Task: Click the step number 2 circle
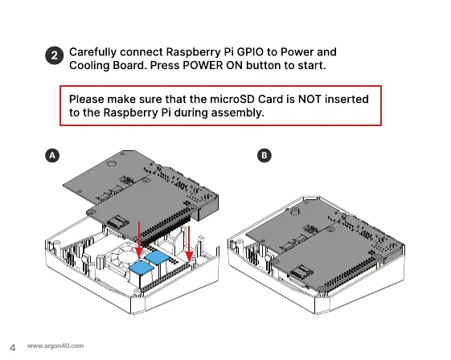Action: [x=54, y=55]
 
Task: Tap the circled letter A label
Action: [x=52, y=156]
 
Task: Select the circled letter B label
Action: [x=264, y=156]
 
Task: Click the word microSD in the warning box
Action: [x=232, y=99]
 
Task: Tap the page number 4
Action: [x=13, y=348]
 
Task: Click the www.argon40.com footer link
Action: [x=55, y=346]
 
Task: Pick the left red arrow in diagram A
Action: [x=139, y=239]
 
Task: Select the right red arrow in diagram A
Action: [x=189, y=243]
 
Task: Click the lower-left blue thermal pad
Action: [x=141, y=268]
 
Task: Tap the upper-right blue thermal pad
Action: [x=157, y=257]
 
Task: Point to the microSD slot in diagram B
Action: [x=301, y=273]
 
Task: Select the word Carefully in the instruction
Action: [x=93, y=52]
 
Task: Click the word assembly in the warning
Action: [x=238, y=113]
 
